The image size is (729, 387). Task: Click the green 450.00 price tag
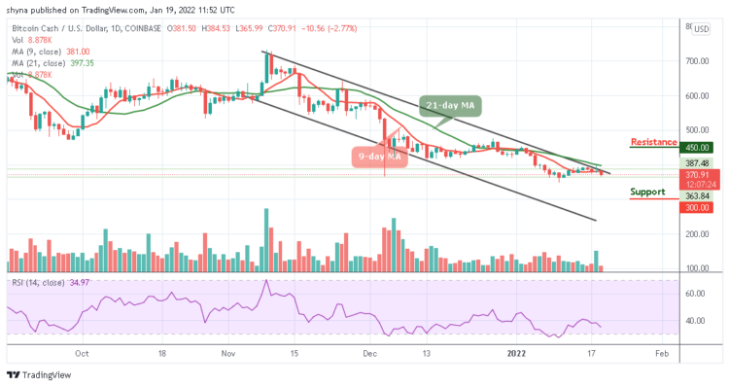click(x=699, y=149)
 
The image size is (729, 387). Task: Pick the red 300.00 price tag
click(x=699, y=207)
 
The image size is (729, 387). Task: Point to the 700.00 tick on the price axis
click(x=698, y=61)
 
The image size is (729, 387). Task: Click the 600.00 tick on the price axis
click(x=698, y=96)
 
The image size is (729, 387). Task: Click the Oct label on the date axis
click(x=83, y=352)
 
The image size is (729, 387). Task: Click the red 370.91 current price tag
click(x=699, y=175)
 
